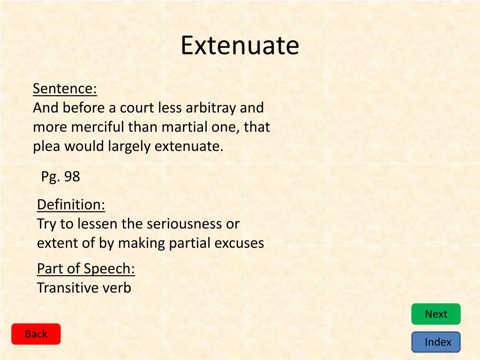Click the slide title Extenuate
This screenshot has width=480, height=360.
point(240,46)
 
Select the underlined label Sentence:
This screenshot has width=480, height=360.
point(65,89)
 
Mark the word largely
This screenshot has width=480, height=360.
point(129,147)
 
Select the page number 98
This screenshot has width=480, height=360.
point(72,177)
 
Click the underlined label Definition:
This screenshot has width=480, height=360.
point(71,205)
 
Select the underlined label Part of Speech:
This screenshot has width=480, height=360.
point(86,269)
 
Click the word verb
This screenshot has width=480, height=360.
point(117,288)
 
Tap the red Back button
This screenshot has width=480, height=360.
point(36,334)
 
